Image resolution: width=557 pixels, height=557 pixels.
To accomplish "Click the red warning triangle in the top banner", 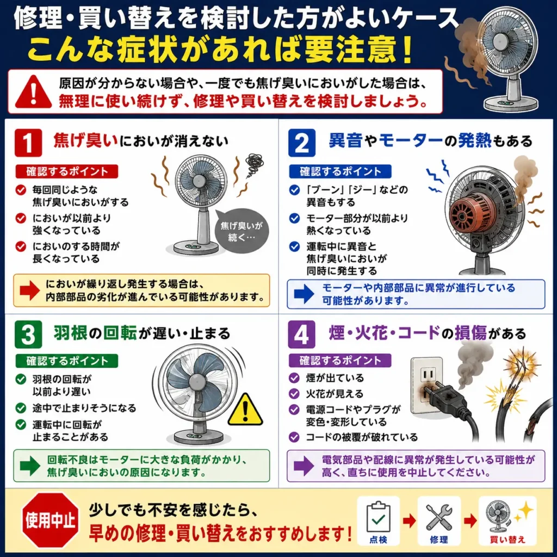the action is click(33, 92).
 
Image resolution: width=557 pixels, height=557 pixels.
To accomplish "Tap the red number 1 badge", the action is click(28, 143).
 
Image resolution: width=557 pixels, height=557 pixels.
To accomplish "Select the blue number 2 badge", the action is click(301, 143).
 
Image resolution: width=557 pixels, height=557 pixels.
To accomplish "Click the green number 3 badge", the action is click(28, 335).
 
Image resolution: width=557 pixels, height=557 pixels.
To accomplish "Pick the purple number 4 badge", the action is click(301, 335).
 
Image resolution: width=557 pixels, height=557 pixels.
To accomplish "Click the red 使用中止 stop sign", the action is click(50, 521).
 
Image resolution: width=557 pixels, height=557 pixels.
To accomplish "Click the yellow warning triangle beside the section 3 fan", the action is click(245, 410).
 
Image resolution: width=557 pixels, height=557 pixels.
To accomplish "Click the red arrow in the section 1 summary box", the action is click(29, 290).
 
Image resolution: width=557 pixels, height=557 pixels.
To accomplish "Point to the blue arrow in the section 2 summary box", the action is click(304, 294).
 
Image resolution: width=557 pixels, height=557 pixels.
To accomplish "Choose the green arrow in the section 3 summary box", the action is click(30, 466).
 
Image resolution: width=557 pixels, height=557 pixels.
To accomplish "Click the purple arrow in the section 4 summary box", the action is click(304, 466).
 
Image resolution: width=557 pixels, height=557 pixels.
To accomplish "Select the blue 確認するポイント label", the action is click(341, 171).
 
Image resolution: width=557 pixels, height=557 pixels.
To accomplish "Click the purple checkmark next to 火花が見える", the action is click(294, 394).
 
